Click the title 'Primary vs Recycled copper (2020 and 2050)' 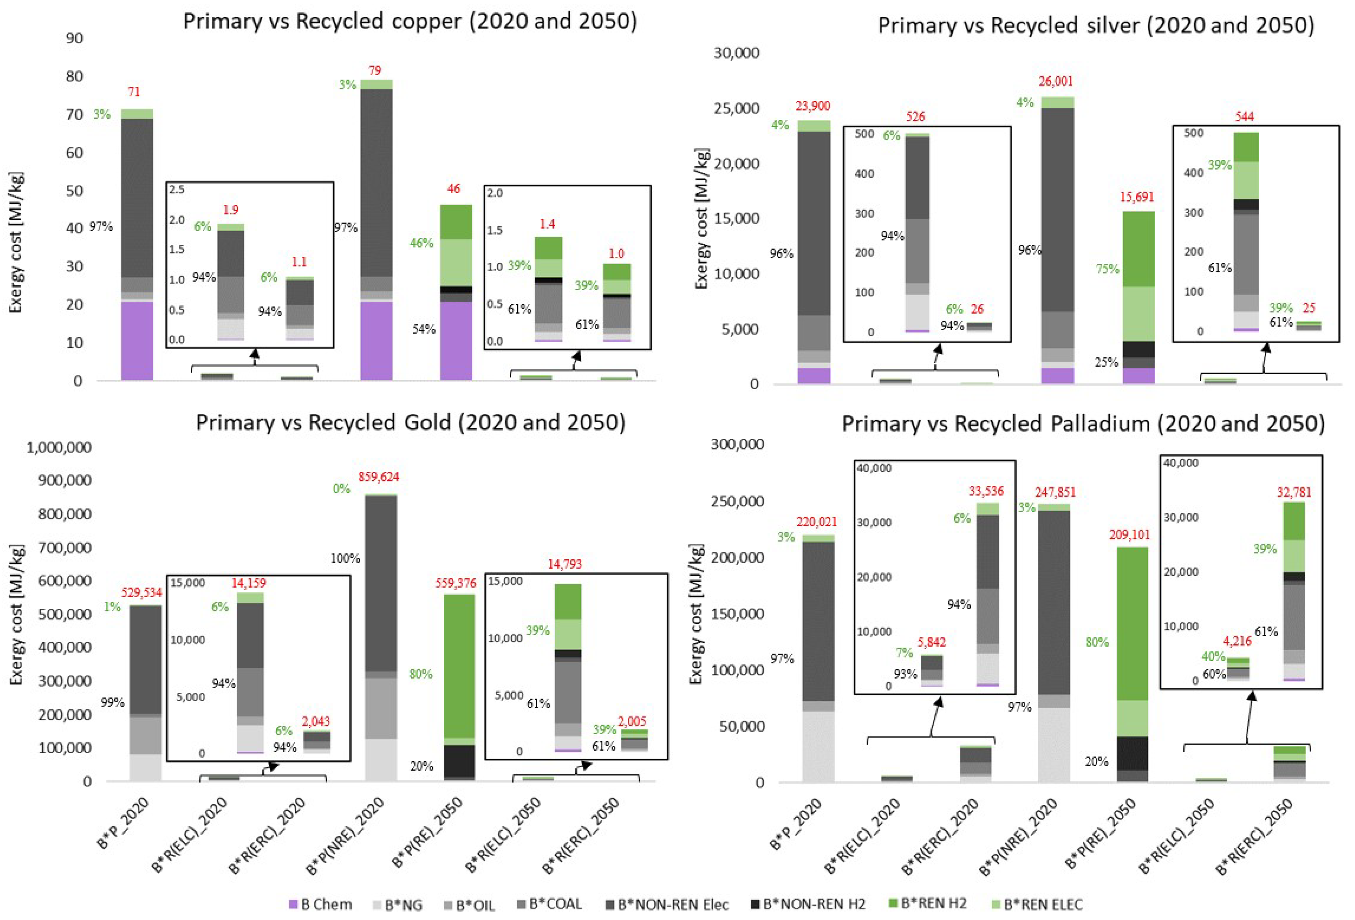pos(410,22)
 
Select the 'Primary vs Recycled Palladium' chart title pos(1083,424)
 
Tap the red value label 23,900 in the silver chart pos(813,106)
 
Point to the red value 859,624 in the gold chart pos(378,477)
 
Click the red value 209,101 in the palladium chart pos(1129,534)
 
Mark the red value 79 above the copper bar pos(375,70)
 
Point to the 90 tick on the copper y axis pos(74,38)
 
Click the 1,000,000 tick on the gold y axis pos(59,448)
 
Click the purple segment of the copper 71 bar pos(137,341)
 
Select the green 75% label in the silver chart pos(1107,269)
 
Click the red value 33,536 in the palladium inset pos(986,491)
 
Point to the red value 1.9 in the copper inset pos(230,209)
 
